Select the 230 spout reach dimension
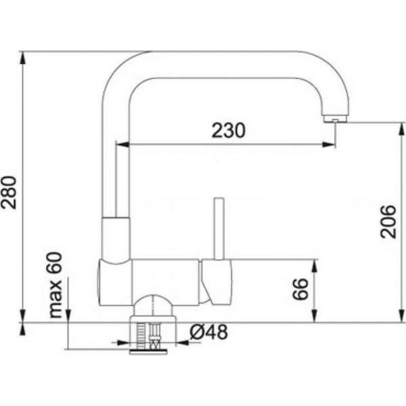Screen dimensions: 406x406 tap(228, 131)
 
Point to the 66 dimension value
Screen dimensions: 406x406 tap(300, 289)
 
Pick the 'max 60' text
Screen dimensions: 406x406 tap(55, 286)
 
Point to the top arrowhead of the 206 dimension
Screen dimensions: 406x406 tap(402, 129)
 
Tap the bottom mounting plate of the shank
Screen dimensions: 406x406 tap(149, 352)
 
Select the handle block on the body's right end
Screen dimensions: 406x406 tap(217, 279)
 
